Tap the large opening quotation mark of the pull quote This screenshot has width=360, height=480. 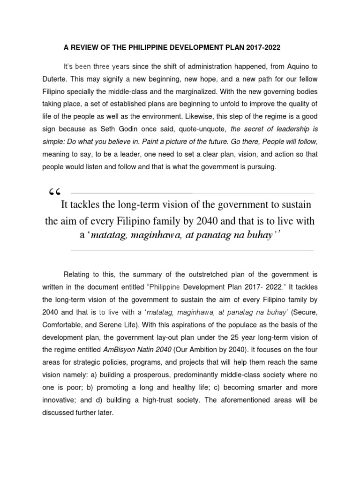(x=55, y=193)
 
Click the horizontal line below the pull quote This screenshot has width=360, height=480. (x=192, y=250)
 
